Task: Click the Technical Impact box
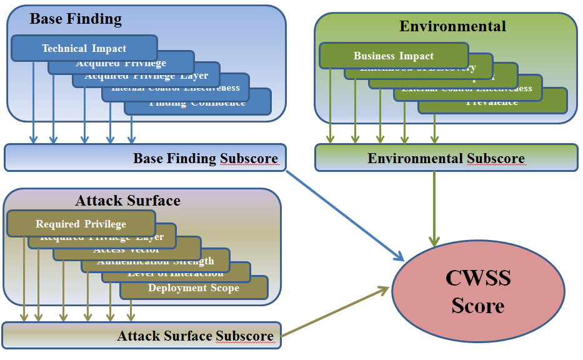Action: [84, 48]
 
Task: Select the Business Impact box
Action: [394, 56]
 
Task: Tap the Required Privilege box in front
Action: [81, 224]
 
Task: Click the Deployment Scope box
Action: [194, 288]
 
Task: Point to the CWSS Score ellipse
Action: [478, 292]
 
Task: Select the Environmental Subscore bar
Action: [446, 158]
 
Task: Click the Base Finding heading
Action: [76, 19]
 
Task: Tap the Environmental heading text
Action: [452, 26]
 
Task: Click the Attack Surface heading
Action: [127, 201]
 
